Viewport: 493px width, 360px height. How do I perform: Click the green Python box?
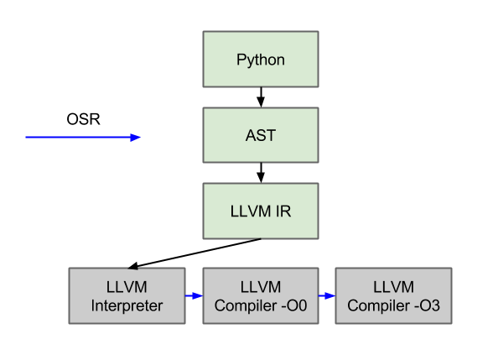pos(260,60)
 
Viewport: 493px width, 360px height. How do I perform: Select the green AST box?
pos(260,135)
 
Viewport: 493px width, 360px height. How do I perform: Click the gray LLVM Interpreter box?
pos(126,296)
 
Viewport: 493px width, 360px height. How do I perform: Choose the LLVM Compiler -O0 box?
pos(260,296)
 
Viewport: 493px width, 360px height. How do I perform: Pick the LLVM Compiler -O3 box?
pos(393,296)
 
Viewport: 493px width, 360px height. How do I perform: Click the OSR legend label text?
pos(83,119)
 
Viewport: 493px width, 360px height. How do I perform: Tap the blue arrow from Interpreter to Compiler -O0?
pos(193,296)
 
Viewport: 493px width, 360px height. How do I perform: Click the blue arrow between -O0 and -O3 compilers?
pos(326,296)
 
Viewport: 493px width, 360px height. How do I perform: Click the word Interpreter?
pos(126,305)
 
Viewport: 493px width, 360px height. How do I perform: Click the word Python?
pos(260,60)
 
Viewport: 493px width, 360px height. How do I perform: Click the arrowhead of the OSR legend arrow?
pos(136,137)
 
